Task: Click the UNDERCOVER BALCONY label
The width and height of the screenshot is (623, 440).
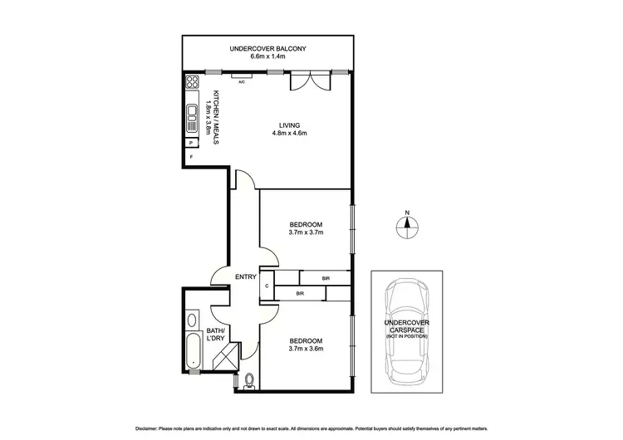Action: pyautogui.click(x=269, y=49)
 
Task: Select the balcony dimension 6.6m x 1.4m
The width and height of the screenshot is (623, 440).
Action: pyautogui.click(x=269, y=57)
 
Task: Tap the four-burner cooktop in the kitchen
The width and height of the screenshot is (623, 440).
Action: pyautogui.click(x=192, y=82)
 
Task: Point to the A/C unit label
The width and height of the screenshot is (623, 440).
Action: pyautogui.click(x=241, y=82)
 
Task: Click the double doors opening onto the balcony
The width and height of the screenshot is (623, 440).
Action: pyautogui.click(x=304, y=82)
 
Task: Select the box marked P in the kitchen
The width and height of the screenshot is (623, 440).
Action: pyautogui.click(x=191, y=142)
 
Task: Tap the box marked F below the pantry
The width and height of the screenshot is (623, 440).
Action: pyautogui.click(x=191, y=156)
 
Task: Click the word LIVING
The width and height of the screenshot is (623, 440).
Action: pyautogui.click(x=289, y=125)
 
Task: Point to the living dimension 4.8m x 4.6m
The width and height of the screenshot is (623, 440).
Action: pyautogui.click(x=289, y=134)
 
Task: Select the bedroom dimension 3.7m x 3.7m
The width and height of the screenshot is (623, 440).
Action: pyautogui.click(x=306, y=232)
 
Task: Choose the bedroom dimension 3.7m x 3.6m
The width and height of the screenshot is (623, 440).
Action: pyautogui.click(x=306, y=349)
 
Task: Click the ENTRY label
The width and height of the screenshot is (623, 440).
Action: pyautogui.click(x=245, y=277)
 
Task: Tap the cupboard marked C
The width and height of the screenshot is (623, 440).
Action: pyautogui.click(x=267, y=286)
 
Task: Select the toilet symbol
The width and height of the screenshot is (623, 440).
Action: pyautogui.click(x=250, y=381)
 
